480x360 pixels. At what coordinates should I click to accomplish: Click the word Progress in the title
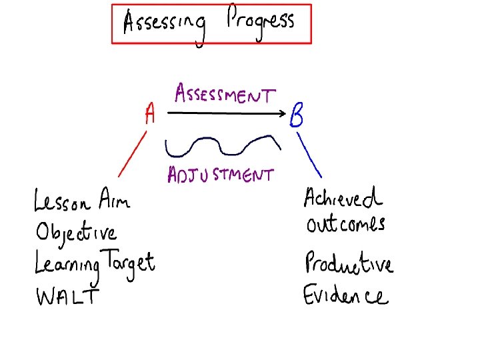[x=260, y=23]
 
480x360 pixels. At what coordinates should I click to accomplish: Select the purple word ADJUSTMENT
[x=219, y=175]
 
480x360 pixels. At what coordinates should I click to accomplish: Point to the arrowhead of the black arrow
[x=282, y=113]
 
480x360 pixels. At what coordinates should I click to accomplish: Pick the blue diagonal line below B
[x=309, y=154]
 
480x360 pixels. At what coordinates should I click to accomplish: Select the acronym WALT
[x=66, y=295]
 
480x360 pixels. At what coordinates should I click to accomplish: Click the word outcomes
[x=345, y=224]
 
